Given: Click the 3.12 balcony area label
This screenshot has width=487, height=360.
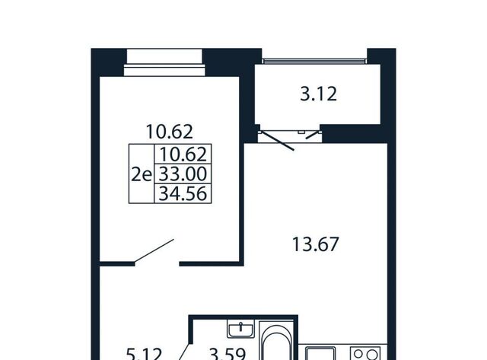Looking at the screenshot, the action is pyautogui.click(x=318, y=94).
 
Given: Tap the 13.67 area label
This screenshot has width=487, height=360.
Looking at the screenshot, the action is pyautogui.click(x=315, y=244).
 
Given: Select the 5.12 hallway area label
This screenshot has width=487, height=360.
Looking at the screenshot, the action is pyautogui.click(x=144, y=354).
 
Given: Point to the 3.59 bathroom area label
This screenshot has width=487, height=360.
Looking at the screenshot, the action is pyautogui.click(x=228, y=354).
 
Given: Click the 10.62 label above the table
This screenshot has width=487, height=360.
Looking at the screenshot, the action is pyautogui.click(x=169, y=132).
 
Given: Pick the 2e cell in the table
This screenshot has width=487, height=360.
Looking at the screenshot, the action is pyautogui.click(x=142, y=175).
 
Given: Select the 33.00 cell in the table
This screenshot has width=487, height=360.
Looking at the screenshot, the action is pyautogui.click(x=183, y=174).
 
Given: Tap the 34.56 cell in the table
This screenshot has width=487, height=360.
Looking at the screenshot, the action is pyautogui.click(x=183, y=194).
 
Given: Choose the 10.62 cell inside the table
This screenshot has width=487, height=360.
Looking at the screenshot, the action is pyautogui.click(x=183, y=155).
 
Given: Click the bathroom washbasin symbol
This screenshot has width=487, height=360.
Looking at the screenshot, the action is pyautogui.click(x=240, y=329).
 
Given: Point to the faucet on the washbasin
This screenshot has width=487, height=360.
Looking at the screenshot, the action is pyautogui.click(x=240, y=327).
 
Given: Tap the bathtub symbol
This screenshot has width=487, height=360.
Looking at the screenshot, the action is pyautogui.click(x=276, y=341).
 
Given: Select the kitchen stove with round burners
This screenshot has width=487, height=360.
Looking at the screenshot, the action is pyautogui.click(x=365, y=353).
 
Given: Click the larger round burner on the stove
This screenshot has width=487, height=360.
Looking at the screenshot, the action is pyautogui.click(x=372, y=355).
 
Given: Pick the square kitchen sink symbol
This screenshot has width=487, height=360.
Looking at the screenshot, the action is pyautogui.click(x=320, y=353).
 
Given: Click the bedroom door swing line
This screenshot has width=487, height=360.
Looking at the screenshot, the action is pyautogui.click(x=154, y=251).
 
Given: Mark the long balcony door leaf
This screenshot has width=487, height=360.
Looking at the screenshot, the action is pyautogui.click(x=276, y=141).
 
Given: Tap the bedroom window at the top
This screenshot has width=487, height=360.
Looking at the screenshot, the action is pyautogui.click(x=164, y=62).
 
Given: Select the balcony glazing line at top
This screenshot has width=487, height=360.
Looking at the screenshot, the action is pyautogui.click(x=314, y=61).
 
